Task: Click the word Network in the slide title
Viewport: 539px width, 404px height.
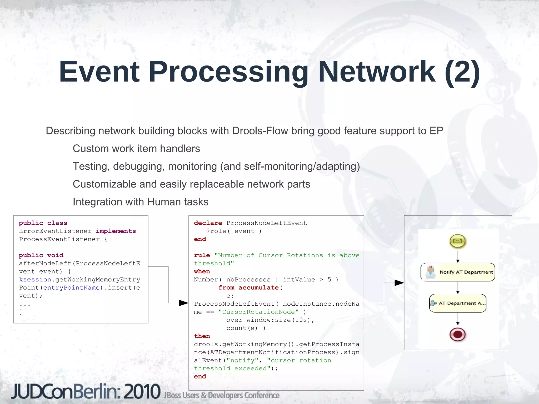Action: pos(376,72)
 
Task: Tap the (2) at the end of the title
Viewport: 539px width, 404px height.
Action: pos(462,72)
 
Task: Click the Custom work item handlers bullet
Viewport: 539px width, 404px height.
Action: pos(136,149)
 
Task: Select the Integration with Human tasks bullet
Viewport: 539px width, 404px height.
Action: pos(141,202)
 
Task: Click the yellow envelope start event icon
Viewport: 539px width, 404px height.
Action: pos(458,241)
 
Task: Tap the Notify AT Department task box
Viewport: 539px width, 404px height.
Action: pos(458,272)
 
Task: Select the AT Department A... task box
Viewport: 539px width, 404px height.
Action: pos(458,303)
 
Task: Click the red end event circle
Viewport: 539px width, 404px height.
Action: pos(458,334)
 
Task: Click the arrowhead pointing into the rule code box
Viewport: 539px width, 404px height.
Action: pos(184,303)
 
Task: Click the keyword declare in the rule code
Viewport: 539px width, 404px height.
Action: pos(208,223)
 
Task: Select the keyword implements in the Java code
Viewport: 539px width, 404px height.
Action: pos(116,231)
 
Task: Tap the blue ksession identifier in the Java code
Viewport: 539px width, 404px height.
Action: pos(35,280)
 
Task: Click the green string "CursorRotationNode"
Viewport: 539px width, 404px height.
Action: pos(258,312)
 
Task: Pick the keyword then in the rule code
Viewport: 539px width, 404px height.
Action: pos(202,336)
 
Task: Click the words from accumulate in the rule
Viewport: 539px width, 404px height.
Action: pos(248,288)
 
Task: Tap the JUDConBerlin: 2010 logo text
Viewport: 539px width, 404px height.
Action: pos(86,392)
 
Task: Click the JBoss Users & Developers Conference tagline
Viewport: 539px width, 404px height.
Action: pos(222,395)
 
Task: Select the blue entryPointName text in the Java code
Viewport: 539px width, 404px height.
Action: pos(71,288)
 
